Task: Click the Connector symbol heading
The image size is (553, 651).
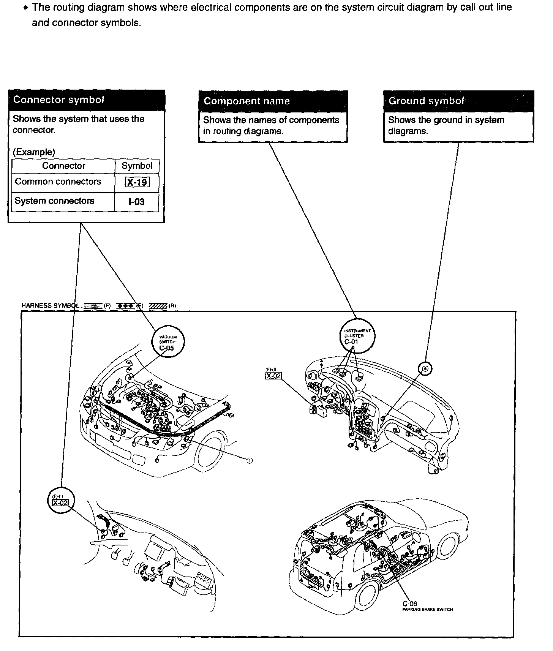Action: (x=58, y=100)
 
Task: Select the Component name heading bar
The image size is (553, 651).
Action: (x=246, y=101)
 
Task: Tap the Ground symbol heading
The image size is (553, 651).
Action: (x=426, y=101)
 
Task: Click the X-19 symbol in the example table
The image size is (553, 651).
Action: (x=137, y=182)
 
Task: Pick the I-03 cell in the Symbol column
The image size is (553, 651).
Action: (x=137, y=202)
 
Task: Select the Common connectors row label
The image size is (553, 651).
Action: (x=58, y=182)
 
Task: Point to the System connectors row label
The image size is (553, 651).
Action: (x=54, y=201)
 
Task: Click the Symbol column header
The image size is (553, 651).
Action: (x=137, y=166)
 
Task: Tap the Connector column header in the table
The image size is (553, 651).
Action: (x=63, y=166)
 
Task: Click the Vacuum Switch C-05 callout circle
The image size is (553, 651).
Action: (x=167, y=342)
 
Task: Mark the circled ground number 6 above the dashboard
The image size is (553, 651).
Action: (x=425, y=368)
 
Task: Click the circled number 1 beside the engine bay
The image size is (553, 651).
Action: (x=250, y=460)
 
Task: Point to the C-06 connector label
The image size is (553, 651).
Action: (x=410, y=604)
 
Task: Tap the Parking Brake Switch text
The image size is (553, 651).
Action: (x=427, y=610)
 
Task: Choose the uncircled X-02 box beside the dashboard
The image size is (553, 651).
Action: (x=273, y=376)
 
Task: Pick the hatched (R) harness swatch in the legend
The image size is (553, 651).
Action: (x=158, y=306)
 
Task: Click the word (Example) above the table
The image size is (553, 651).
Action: (x=34, y=152)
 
